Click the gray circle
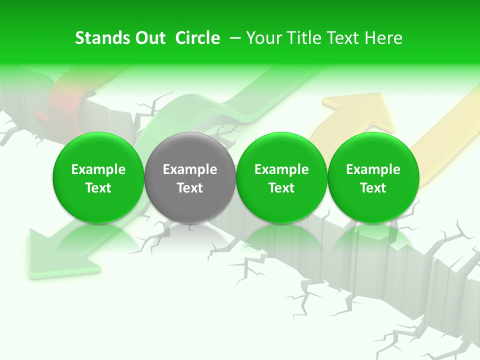point(190,177)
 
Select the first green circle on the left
point(98,177)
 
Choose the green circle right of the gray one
point(281,177)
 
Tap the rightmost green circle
point(373,177)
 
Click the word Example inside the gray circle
point(190,169)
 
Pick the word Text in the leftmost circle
point(98,188)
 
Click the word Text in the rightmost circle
point(373,188)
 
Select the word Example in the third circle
point(281,169)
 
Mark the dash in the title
point(235,38)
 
